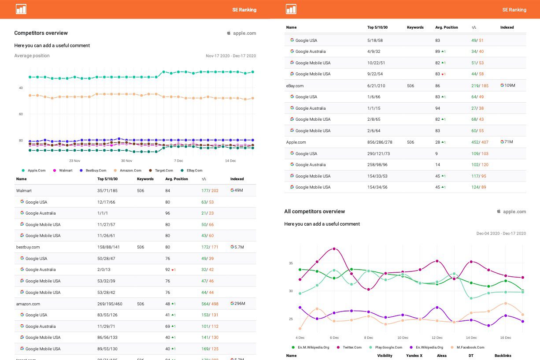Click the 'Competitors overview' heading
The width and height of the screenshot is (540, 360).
tap(41, 33)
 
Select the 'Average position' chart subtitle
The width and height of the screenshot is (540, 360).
tap(32, 56)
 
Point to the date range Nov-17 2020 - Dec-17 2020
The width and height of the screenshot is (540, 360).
tap(231, 56)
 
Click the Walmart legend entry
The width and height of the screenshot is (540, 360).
tap(65, 171)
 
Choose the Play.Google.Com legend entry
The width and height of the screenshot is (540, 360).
tap(388, 347)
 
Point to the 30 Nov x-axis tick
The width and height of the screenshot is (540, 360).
tap(126, 161)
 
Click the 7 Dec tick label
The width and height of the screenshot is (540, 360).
tap(178, 161)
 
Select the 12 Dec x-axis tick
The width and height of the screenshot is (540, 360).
tap(437, 338)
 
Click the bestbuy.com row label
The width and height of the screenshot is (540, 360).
tap(28, 247)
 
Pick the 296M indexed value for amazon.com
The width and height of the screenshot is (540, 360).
tap(240, 304)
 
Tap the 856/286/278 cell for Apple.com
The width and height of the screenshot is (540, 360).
tap(380, 142)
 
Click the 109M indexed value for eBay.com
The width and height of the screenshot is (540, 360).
tap(510, 85)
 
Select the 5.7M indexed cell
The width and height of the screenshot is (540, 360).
tap(239, 247)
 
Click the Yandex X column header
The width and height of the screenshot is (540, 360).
tap(414, 356)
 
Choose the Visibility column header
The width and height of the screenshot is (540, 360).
tap(385, 356)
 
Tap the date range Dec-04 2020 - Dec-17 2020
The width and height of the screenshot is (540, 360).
tap(501, 234)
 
